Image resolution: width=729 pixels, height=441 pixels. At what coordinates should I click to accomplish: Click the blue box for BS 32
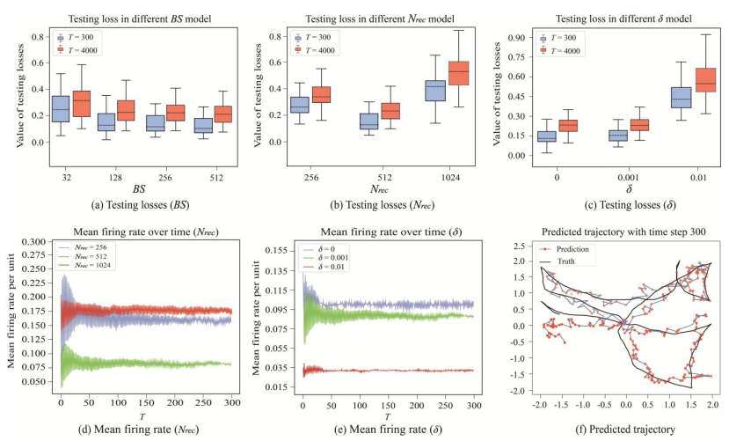click(x=61, y=108)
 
